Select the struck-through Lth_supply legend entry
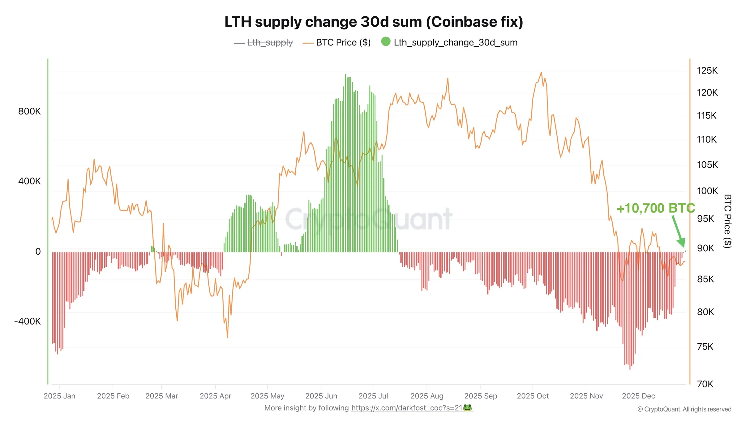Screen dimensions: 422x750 click(x=270, y=42)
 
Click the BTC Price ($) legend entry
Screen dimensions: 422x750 click(x=343, y=42)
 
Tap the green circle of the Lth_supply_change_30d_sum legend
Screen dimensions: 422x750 click(x=386, y=41)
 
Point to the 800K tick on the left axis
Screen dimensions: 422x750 click(x=29, y=111)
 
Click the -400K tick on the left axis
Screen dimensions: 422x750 click(x=27, y=321)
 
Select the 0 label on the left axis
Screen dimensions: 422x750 click(x=38, y=252)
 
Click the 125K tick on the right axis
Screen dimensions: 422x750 click(x=707, y=71)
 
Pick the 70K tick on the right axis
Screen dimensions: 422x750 click(x=705, y=384)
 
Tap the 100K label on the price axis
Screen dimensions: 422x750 click(x=707, y=191)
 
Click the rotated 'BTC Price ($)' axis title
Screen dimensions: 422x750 click(x=727, y=221)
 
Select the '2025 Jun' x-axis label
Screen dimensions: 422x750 click(x=321, y=396)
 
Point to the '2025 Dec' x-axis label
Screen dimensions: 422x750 click(x=638, y=396)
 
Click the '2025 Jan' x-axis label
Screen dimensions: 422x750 click(x=59, y=396)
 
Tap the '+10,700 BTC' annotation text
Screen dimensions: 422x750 click(x=656, y=208)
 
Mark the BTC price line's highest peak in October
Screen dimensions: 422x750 click(x=541, y=73)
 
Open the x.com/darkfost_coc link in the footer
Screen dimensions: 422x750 click(x=407, y=408)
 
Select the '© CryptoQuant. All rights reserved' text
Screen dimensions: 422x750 click(x=684, y=409)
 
